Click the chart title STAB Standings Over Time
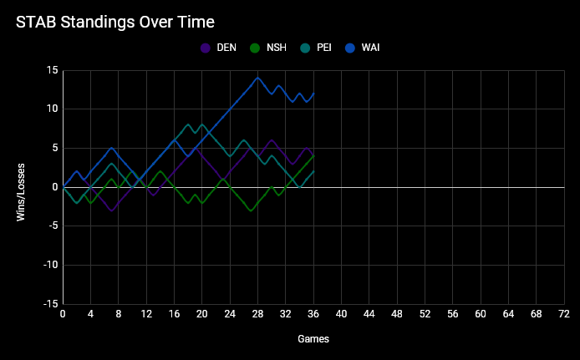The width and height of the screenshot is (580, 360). pos(115,21)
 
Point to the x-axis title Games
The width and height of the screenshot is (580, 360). pos(313,339)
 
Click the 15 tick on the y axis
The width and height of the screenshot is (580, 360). pos(52,70)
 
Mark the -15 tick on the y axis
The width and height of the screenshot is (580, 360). pos(50,304)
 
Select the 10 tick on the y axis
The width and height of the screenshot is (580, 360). pos(52,109)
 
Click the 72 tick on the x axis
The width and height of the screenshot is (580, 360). pos(563,314)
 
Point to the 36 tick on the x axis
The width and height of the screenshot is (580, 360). pos(313,314)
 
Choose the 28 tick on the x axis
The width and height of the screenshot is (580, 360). pos(257,314)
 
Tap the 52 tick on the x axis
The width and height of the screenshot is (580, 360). pos(425,314)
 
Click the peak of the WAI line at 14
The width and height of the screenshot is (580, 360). pos(257,78)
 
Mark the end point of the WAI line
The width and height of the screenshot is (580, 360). pos(313,94)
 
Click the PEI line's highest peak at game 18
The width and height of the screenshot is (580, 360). pos(188,124)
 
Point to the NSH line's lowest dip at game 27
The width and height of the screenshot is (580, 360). pos(251,210)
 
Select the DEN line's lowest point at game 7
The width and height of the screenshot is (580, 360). pos(111,210)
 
